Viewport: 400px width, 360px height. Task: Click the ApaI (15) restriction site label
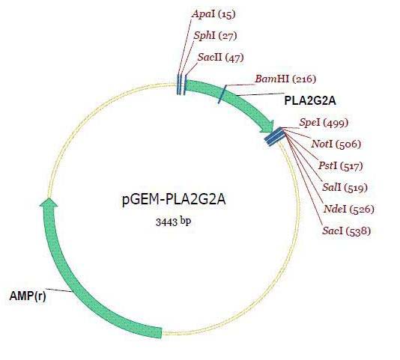click(213, 14)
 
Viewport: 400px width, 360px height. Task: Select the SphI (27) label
click(215, 36)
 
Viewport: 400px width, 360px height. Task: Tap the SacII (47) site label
click(220, 58)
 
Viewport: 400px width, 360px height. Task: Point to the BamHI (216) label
click(285, 79)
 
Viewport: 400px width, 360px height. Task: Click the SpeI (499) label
click(324, 123)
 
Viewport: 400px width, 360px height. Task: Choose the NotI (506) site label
click(336, 144)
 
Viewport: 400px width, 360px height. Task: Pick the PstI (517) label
click(340, 166)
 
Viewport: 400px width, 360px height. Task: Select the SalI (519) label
click(345, 188)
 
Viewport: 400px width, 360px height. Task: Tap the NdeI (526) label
click(349, 210)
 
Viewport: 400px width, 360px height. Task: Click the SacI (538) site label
click(346, 231)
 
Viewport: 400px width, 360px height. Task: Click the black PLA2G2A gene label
click(310, 101)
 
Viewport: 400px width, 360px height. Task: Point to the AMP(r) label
click(28, 296)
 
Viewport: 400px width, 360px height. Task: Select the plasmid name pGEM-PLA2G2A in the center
click(174, 200)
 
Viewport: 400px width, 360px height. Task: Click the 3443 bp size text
click(173, 222)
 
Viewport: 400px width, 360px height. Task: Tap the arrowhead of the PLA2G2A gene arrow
click(267, 126)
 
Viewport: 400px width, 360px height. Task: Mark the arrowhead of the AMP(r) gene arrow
click(49, 201)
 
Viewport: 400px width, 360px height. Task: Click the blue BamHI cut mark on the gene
click(222, 94)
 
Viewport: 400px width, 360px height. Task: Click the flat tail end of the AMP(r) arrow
click(161, 332)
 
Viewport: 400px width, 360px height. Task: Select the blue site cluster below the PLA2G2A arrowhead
click(274, 136)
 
